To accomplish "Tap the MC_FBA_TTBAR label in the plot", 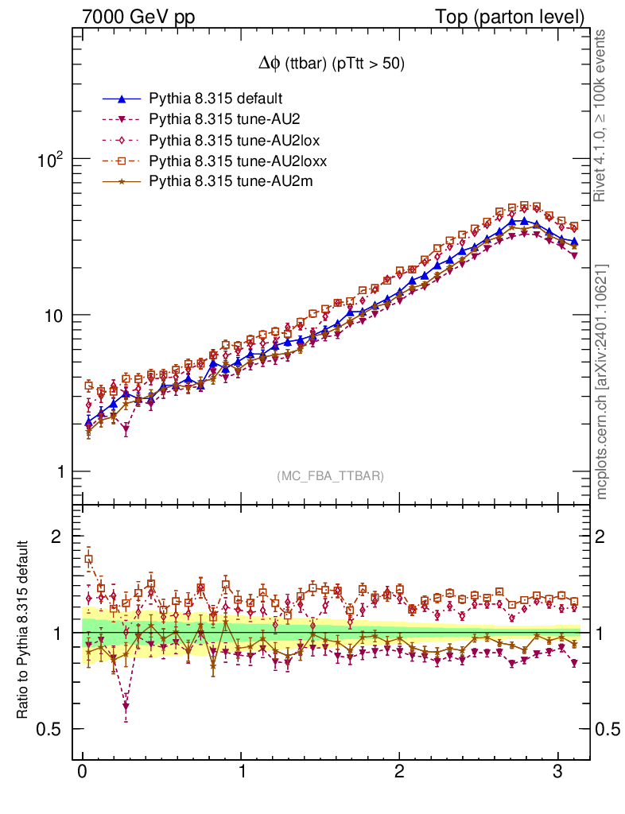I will click(331, 476).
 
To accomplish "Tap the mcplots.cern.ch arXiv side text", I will click(602, 382).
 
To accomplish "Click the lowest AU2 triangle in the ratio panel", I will click(126, 706).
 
